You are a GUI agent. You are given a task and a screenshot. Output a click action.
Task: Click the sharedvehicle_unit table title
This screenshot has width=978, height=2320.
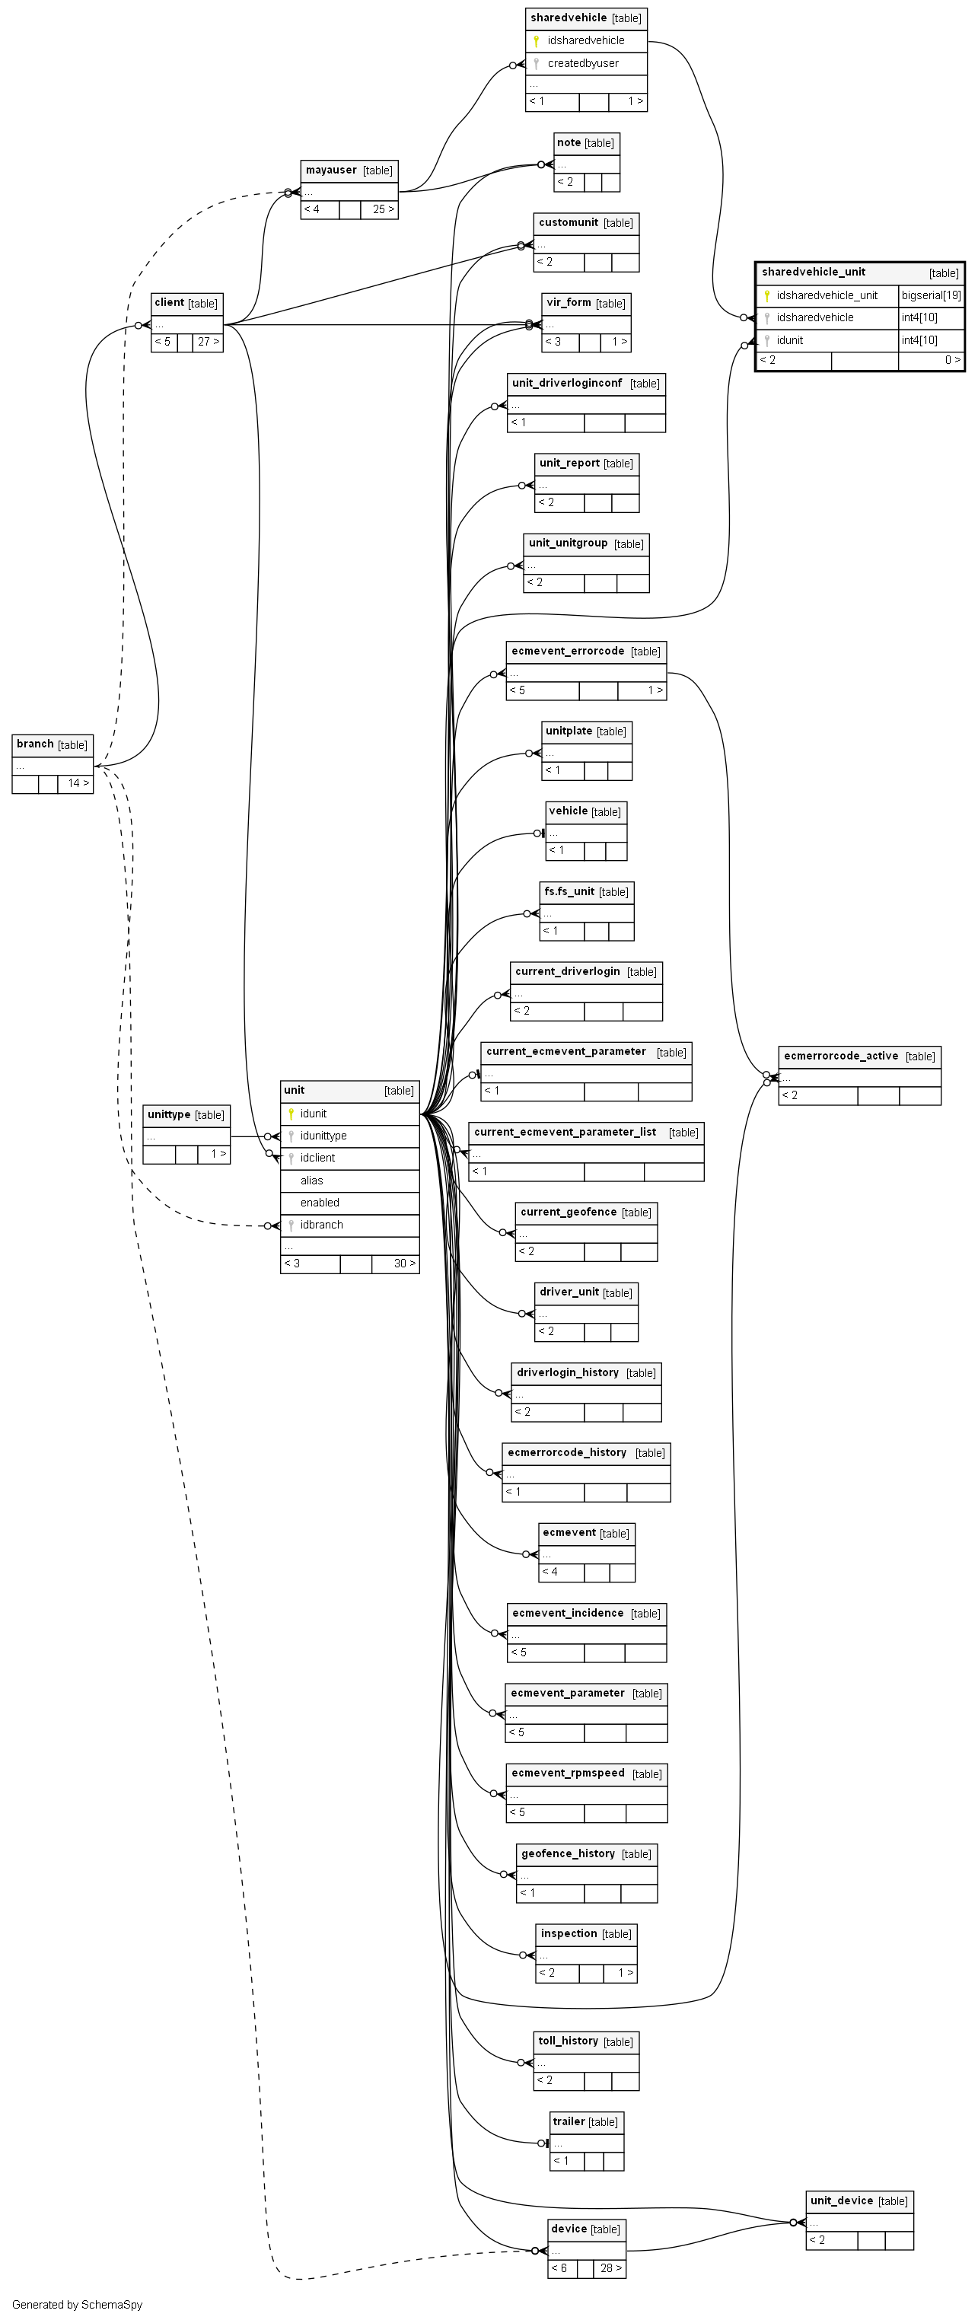(x=813, y=272)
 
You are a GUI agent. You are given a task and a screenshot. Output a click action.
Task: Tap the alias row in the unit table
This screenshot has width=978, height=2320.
(x=311, y=1181)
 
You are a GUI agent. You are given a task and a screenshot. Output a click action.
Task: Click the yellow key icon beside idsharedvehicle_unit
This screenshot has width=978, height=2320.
(x=766, y=295)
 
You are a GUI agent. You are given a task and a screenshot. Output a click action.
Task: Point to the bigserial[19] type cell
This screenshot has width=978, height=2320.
(x=931, y=295)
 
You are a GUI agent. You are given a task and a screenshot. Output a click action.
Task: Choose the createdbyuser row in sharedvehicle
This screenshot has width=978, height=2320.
(x=583, y=64)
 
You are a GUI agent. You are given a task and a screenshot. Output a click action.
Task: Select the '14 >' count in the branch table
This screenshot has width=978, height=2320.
(x=78, y=783)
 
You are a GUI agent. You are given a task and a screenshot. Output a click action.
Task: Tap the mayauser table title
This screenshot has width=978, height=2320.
(x=331, y=170)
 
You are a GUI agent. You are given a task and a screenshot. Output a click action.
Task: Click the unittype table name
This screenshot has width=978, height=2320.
(x=169, y=1115)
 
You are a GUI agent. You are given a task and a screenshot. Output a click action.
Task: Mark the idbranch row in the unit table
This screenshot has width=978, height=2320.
(x=321, y=1225)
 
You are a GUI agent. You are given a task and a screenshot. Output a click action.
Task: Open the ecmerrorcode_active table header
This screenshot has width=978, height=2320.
(x=841, y=1056)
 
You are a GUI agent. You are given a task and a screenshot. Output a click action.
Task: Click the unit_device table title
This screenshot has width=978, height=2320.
(x=842, y=2201)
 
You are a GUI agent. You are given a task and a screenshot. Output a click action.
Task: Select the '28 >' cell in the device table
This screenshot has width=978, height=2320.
(x=610, y=2267)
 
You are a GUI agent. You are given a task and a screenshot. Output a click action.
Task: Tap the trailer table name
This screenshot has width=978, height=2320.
(x=569, y=2122)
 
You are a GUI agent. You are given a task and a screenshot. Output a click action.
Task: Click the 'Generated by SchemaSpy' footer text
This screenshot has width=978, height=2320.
(x=78, y=2305)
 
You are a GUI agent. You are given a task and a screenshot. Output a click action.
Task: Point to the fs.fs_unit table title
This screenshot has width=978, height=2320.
(x=569, y=891)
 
